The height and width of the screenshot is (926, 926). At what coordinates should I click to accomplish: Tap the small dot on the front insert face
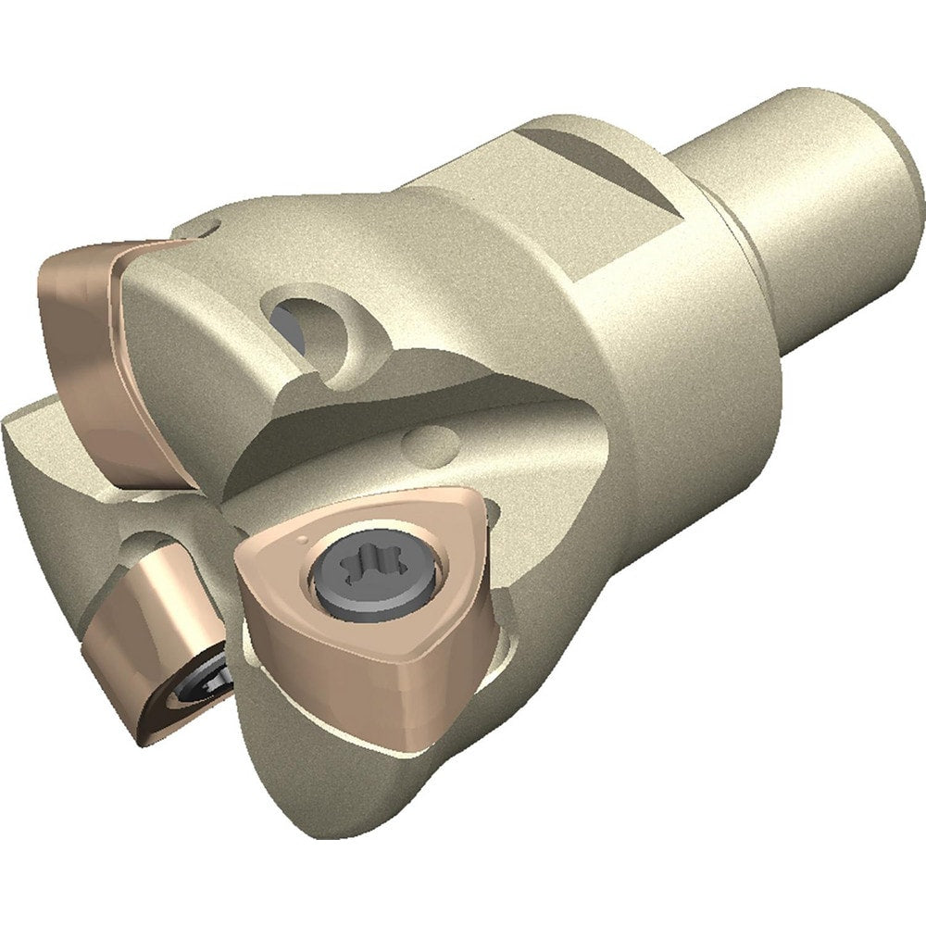coord(304,537)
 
